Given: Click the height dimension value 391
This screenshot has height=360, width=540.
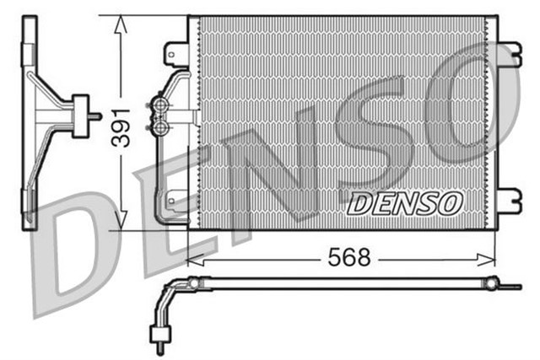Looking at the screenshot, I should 121,126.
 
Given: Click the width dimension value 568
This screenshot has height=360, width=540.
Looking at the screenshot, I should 348,258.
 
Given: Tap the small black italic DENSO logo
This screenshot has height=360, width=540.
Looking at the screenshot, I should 404,202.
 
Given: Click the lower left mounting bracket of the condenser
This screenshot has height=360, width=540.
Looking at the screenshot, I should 175,201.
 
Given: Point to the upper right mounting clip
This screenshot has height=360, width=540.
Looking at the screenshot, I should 506,54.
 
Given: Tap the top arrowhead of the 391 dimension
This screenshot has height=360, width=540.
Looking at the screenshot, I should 121,20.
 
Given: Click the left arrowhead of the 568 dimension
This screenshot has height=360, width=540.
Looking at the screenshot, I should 192,258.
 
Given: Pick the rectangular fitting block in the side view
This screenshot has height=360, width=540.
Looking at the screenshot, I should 82,116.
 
